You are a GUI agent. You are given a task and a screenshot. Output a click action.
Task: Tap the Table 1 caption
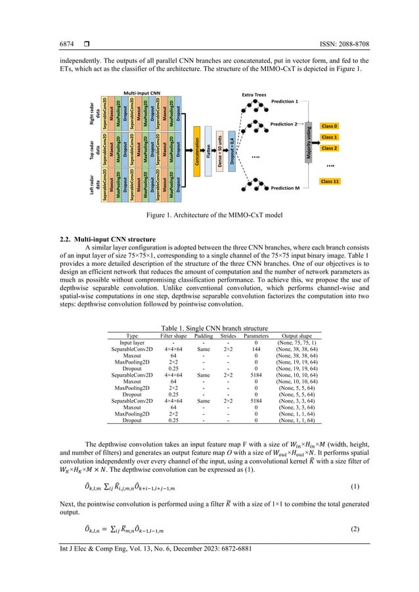(209, 328)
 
